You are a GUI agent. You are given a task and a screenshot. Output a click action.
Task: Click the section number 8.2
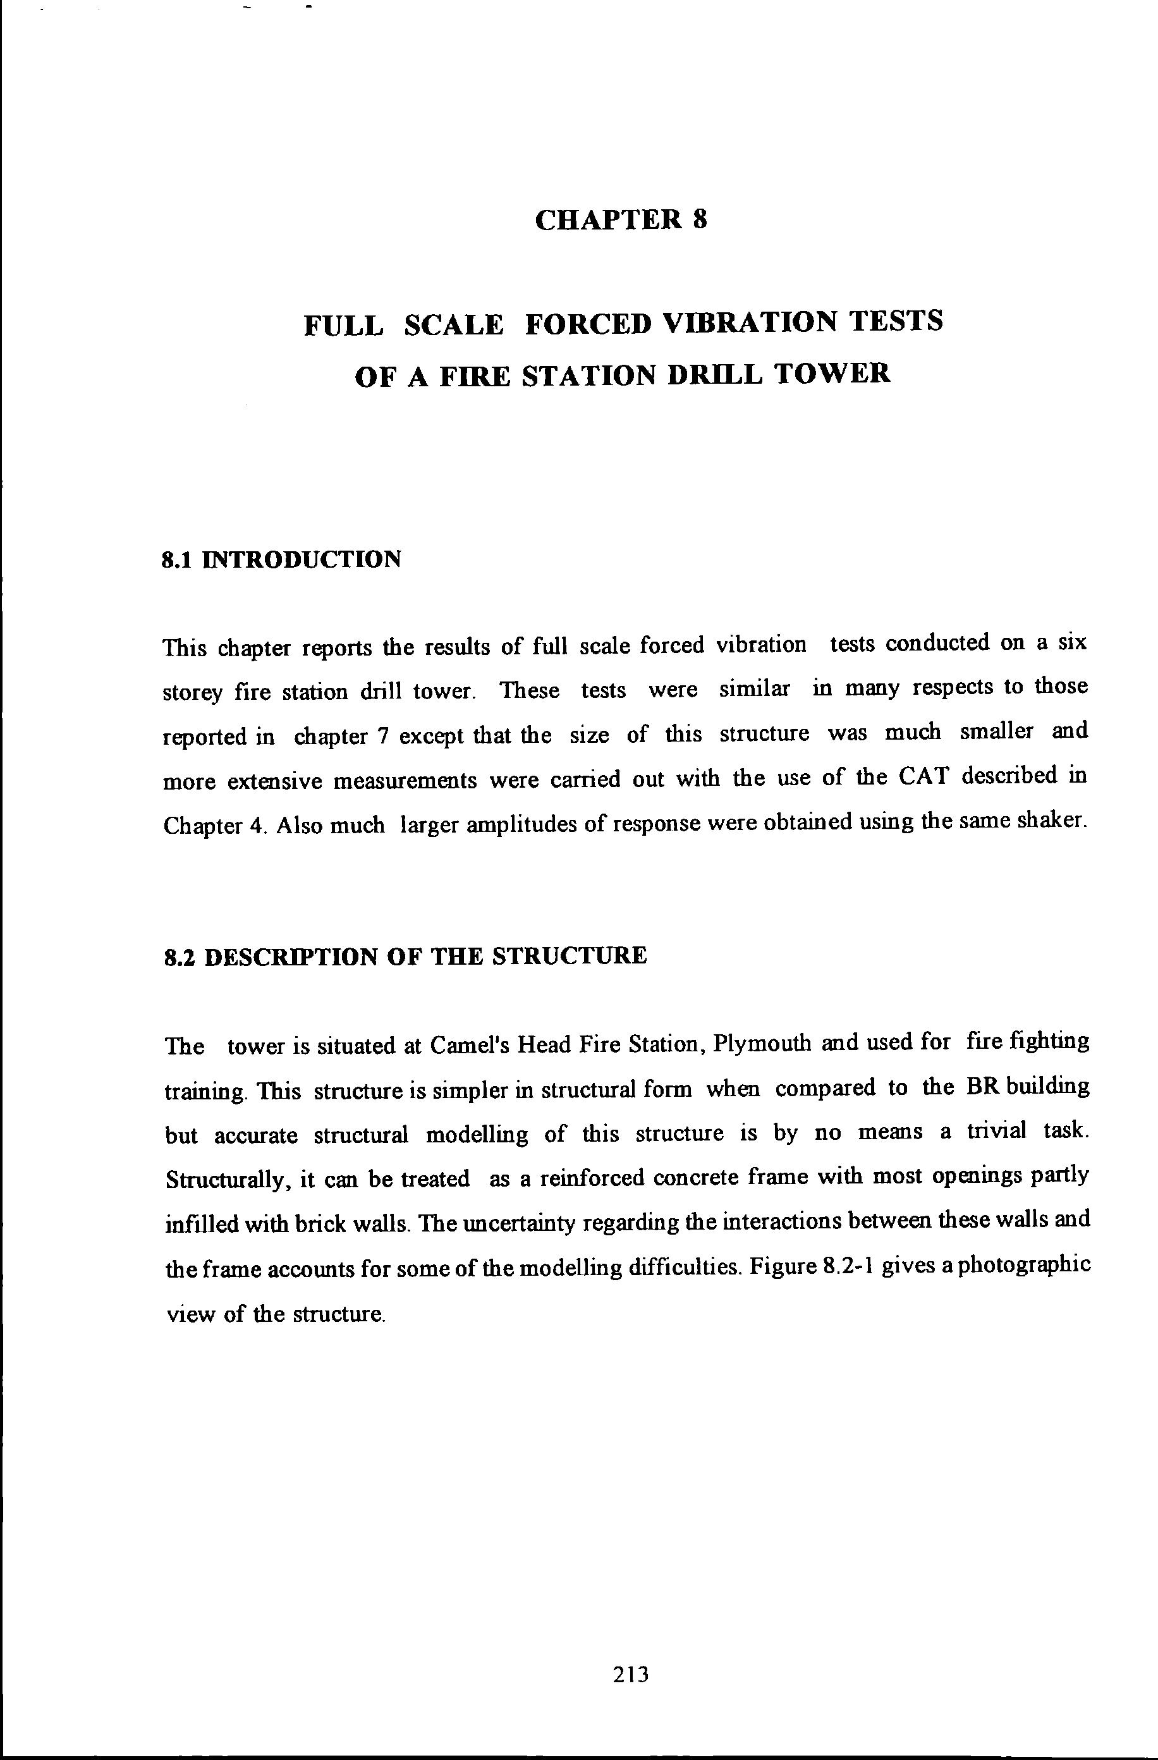[180, 957]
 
